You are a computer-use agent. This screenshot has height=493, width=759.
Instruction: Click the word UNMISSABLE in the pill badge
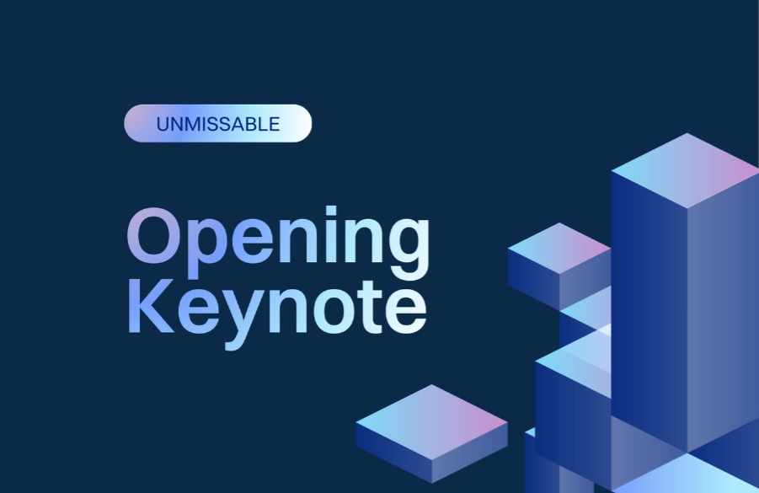pyautogui.click(x=217, y=125)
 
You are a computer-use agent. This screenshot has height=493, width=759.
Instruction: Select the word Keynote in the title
pyautogui.click(x=276, y=308)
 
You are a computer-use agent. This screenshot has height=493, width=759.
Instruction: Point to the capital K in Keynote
pyautogui.click(x=149, y=308)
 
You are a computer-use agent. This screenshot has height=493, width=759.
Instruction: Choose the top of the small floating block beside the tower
pyautogui.click(x=559, y=248)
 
